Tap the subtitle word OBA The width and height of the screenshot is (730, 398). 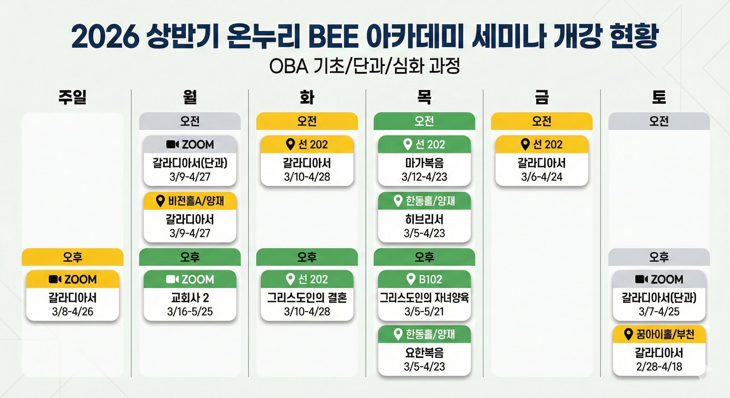tap(289, 66)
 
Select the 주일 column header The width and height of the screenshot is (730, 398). tap(73, 97)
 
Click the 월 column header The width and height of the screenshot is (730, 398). tap(190, 97)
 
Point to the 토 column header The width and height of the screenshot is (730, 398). tap(659, 97)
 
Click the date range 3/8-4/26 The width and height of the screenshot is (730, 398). tap(73, 312)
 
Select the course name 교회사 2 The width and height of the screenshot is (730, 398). tap(190, 298)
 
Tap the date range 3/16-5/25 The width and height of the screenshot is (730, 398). tap(190, 312)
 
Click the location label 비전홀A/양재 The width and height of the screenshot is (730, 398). tap(196, 201)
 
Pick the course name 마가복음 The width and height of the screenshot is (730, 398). tap(424, 163)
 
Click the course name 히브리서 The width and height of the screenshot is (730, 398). tap(424, 219)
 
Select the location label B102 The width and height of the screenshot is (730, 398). tap(430, 279)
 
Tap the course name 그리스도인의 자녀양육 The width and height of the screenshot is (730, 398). tap(424, 298)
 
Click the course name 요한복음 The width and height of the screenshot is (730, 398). tap(424, 353)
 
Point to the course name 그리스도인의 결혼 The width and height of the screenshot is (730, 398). tap(307, 298)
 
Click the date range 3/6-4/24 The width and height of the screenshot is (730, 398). tap(542, 177)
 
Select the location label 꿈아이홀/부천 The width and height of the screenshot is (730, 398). tap(665, 335)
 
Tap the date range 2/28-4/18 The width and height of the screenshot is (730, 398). tap(659, 367)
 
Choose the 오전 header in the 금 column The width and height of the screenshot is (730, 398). tap(542, 121)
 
